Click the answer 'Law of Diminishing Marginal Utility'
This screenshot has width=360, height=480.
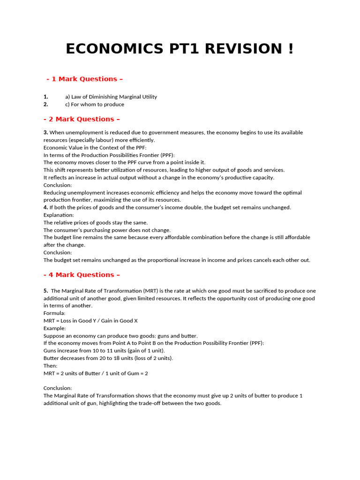[x=111, y=97]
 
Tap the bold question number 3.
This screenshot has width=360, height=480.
[x=46, y=133]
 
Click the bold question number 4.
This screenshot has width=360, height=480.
[x=46, y=207]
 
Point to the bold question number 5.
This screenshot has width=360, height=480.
[x=46, y=291]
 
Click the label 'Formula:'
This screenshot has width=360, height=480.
[x=54, y=313]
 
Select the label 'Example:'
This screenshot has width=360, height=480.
[x=55, y=328]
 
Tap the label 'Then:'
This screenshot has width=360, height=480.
[x=51, y=366]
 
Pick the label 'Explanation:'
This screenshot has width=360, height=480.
[x=59, y=215]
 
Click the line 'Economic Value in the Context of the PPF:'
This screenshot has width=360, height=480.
[x=95, y=147]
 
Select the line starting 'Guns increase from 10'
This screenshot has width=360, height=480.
[x=104, y=351]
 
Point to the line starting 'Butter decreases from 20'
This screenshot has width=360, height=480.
[x=108, y=358]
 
